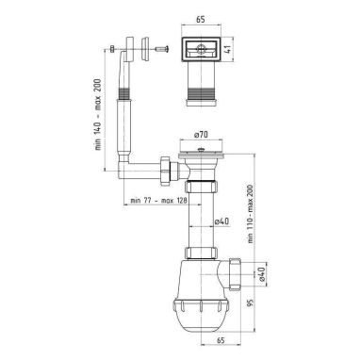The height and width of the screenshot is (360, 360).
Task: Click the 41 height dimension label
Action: (229, 49)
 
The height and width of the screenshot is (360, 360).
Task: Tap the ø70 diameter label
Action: (202, 135)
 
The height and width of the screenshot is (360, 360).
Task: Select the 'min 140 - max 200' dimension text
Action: (98, 114)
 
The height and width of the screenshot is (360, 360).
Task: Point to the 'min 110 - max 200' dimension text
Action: (251, 213)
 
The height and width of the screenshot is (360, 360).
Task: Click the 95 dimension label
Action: (251, 304)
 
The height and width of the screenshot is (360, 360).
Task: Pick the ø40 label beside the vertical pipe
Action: (221, 221)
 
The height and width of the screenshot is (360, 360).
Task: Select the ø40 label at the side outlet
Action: (262, 272)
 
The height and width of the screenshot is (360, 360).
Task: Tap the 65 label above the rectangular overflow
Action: (200, 20)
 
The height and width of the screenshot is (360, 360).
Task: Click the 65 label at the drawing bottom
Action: (221, 340)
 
